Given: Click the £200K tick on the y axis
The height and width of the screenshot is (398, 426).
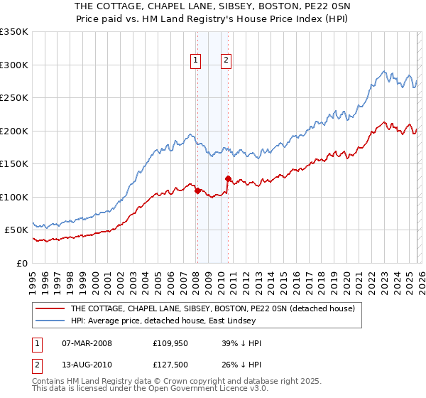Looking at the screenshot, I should [14, 131].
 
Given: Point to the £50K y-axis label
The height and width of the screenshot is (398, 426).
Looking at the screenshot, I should [17, 230].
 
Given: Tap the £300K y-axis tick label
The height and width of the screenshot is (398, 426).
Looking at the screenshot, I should [14, 65].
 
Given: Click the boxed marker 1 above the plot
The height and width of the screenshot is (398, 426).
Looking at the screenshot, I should [195, 60].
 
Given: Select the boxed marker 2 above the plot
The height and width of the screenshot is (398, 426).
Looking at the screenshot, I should [226, 60].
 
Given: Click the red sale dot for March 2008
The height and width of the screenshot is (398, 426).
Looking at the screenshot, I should [197, 190].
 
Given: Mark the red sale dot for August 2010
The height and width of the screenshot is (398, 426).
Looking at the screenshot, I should [228, 178].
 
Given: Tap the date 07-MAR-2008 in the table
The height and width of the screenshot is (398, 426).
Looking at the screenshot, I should [87, 343].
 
